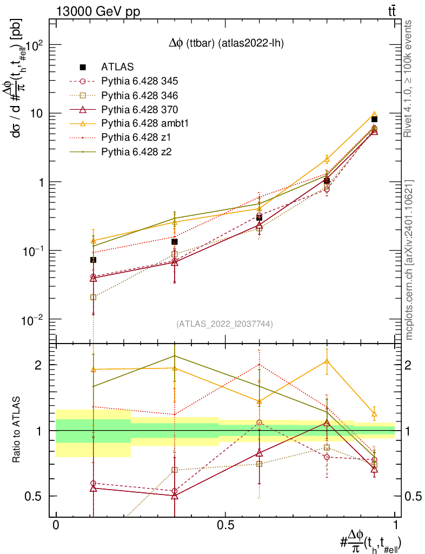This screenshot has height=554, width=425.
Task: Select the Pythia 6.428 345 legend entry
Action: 140,81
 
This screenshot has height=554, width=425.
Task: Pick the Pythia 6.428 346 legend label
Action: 140,95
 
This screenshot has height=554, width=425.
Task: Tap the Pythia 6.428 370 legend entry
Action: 140,109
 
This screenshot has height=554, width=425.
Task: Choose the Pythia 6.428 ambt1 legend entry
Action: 143,123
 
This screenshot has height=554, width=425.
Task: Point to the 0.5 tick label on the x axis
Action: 225,525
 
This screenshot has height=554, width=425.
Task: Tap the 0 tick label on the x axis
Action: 56,525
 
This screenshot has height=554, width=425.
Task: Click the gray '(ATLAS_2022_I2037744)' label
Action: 224,324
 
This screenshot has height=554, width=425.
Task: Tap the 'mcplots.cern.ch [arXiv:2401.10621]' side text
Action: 410,260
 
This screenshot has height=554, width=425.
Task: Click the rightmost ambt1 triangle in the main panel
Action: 374,115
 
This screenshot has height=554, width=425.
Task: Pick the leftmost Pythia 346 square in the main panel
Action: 94,297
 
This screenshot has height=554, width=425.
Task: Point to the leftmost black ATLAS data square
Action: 93,260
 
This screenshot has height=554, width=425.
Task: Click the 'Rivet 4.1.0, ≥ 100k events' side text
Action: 410,78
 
